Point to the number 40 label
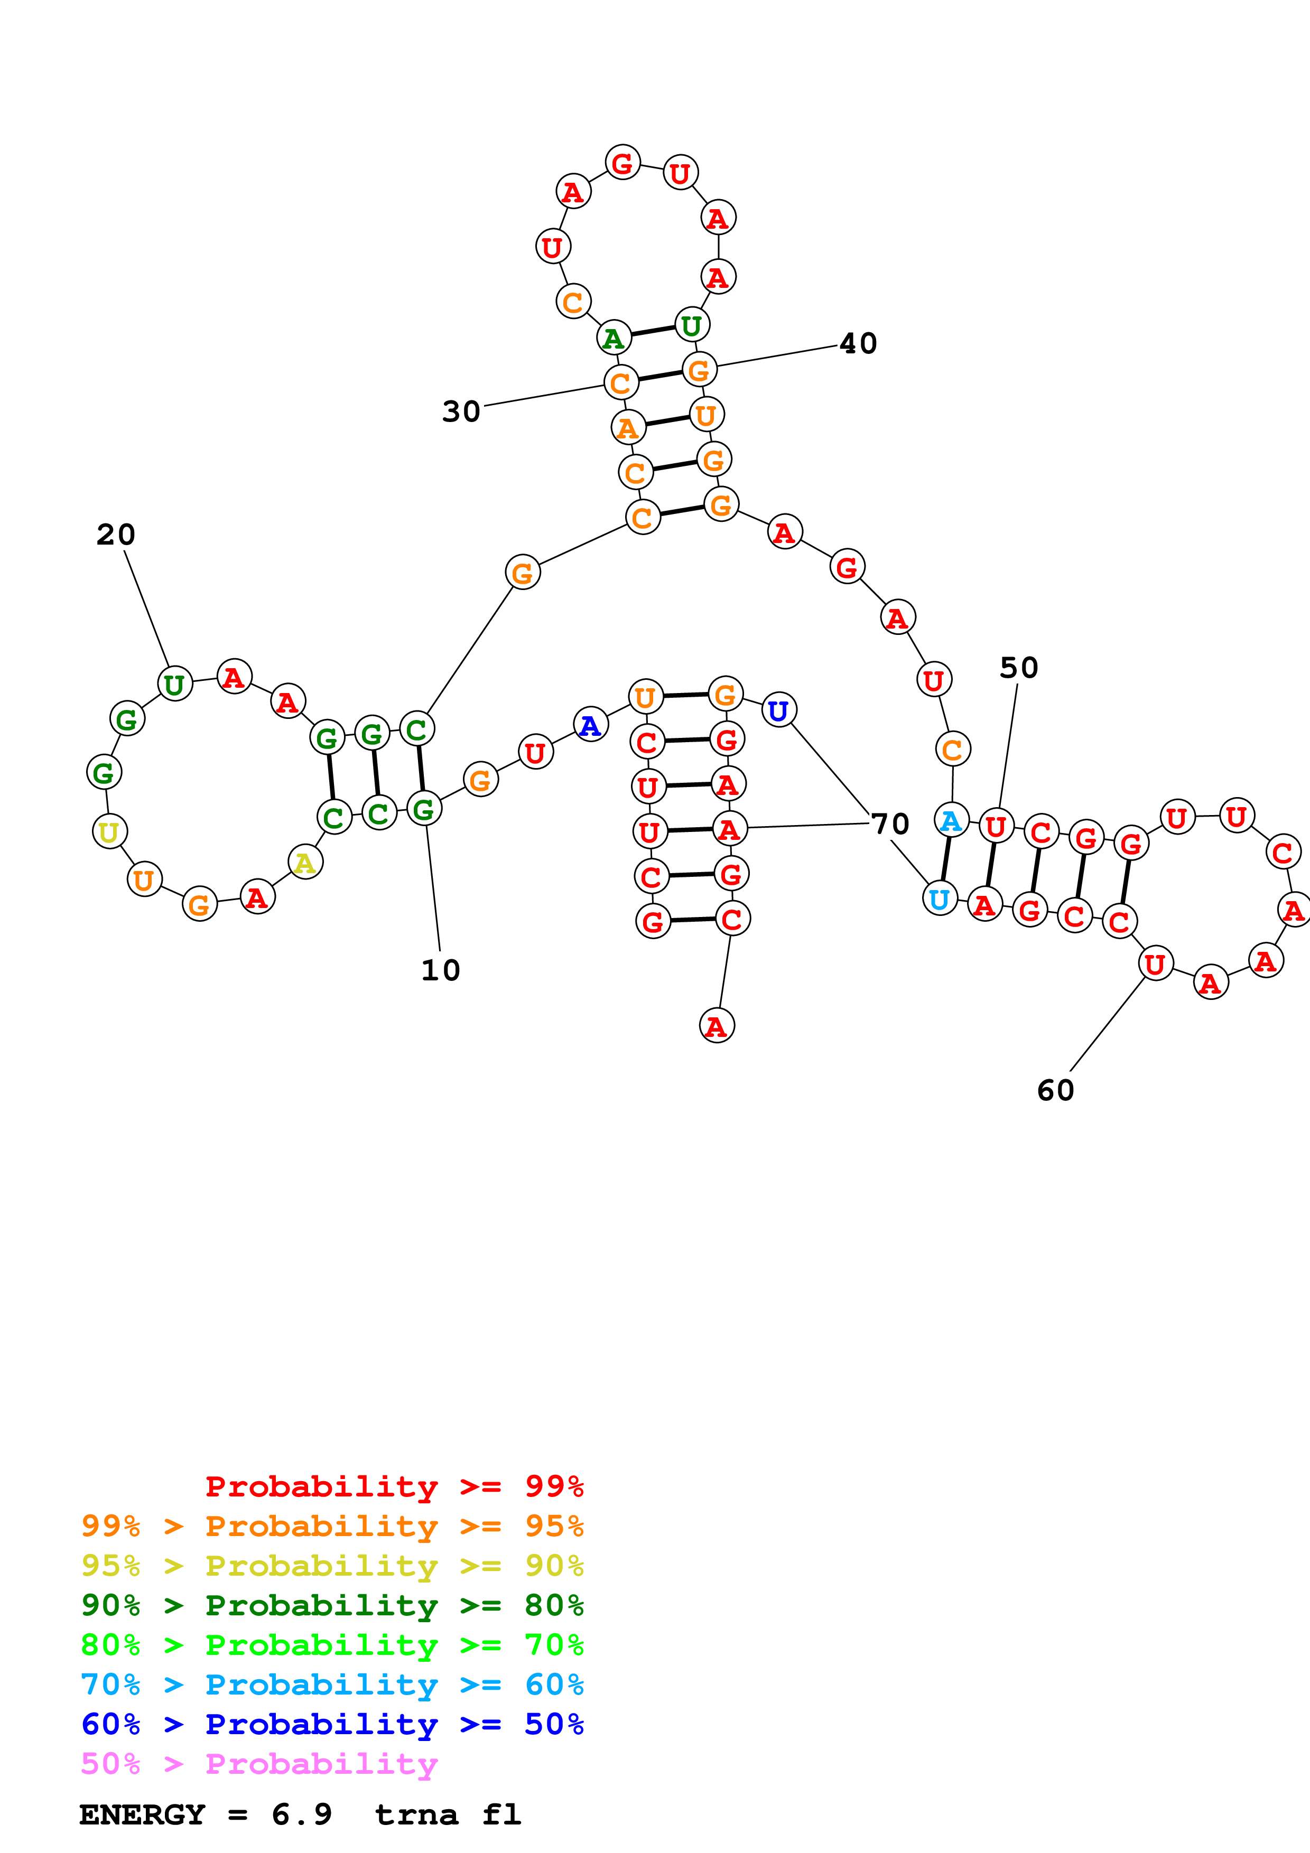click(858, 344)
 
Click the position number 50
click(1019, 668)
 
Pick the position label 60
click(1056, 1090)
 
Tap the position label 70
click(891, 824)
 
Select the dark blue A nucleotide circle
click(591, 725)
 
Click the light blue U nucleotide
click(940, 899)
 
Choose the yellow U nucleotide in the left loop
click(110, 831)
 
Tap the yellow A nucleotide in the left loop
click(305, 863)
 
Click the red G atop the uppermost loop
click(623, 163)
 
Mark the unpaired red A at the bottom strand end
click(717, 1026)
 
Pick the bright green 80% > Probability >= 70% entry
click(332, 1645)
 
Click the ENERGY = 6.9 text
click(206, 1815)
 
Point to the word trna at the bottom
click(416, 1815)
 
